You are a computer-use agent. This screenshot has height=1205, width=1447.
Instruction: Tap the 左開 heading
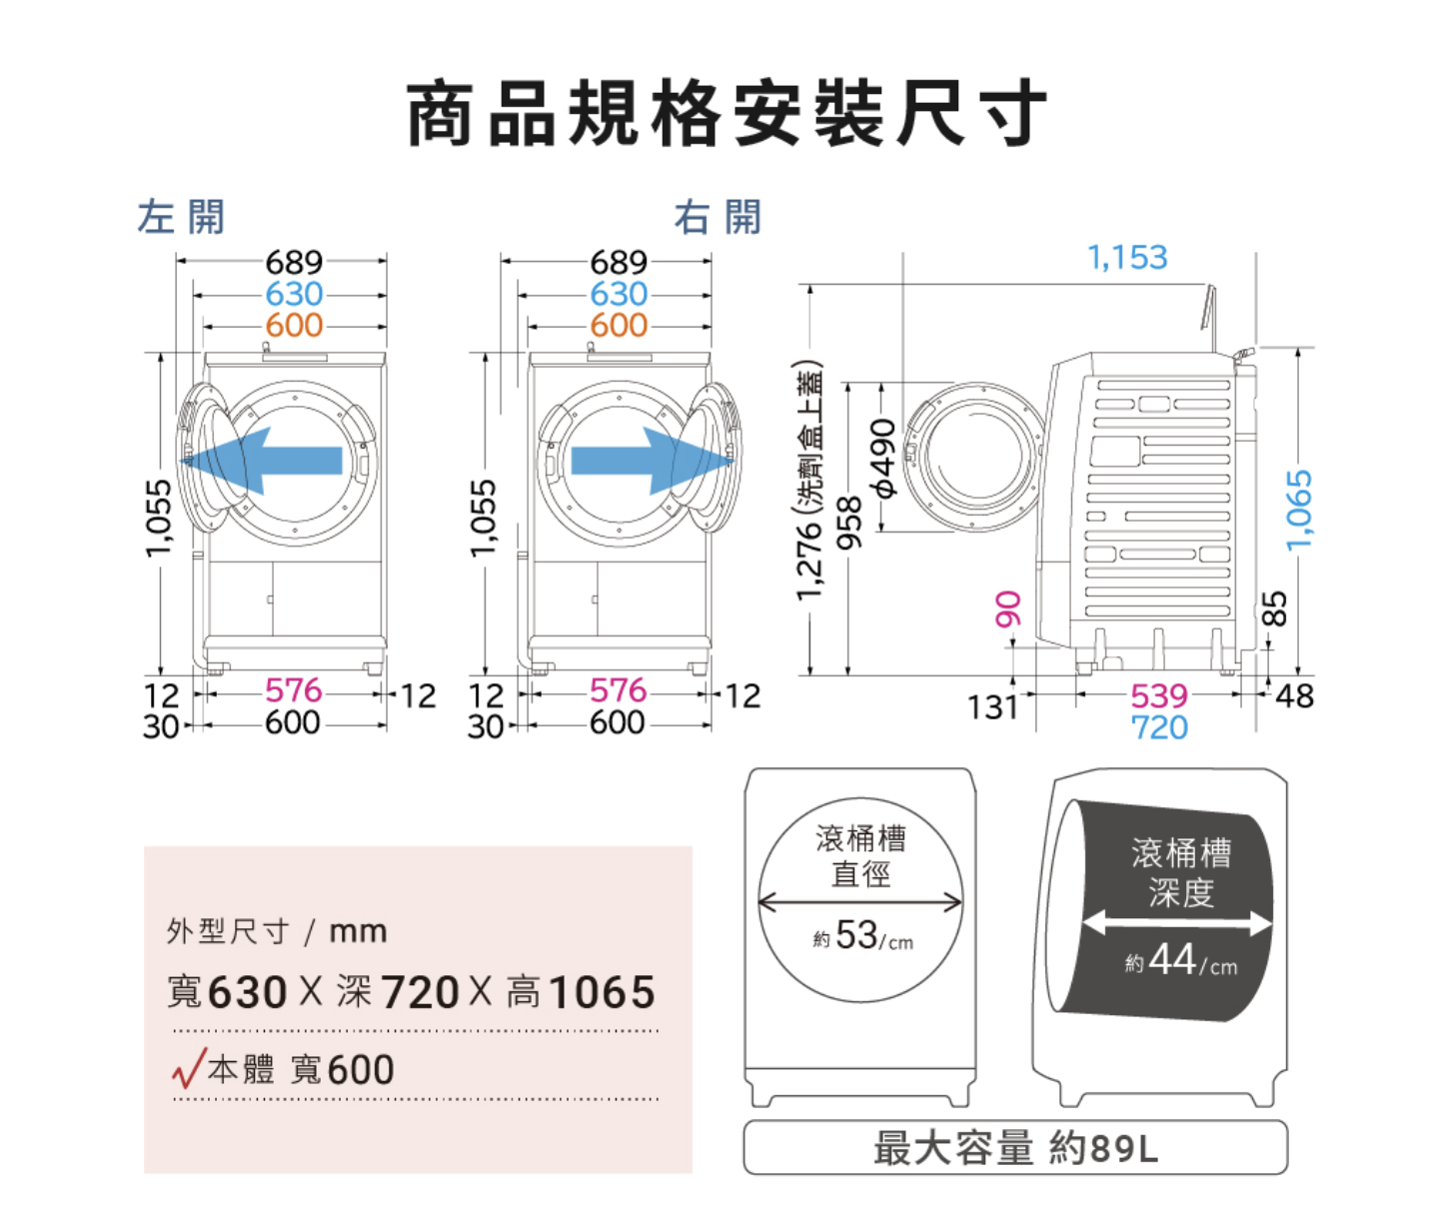coord(181,217)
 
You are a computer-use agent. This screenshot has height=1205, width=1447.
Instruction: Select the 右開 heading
coord(718,217)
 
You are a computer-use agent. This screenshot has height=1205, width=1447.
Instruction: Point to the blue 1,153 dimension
coord(1127,258)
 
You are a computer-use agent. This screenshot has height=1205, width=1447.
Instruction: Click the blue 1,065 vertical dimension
coord(1298,511)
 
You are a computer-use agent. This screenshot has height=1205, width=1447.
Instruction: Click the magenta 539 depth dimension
coord(1159,695)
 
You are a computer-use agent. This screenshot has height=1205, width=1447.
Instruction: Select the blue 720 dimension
coord(1159,727)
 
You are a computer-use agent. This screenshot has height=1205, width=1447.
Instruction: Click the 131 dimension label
coord(991,707)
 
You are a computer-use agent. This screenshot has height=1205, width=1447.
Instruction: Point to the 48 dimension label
coord(1294,696)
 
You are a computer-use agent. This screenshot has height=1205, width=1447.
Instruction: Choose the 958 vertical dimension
coord(848,523)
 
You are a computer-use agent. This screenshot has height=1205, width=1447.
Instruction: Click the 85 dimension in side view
coord(1274,608)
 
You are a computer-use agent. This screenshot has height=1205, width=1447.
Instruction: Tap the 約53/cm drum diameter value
coord(862,936)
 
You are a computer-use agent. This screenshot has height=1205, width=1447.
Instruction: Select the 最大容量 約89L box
coord(1015,1147)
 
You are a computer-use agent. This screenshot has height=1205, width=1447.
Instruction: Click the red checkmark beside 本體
coord(188,1068)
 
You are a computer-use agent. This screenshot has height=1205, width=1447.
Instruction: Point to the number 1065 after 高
coord(602,992)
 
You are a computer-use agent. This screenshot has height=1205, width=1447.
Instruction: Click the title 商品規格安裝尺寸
coord(726,114)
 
